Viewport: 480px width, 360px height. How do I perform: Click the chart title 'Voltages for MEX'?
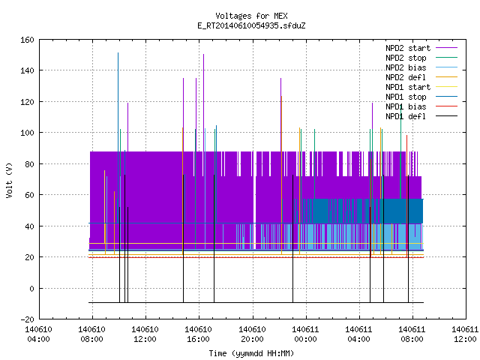[x=251, y=16]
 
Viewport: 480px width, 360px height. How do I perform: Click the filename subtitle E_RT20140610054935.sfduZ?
[x=251, y=25]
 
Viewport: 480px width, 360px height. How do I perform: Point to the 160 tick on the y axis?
[x=27, y=40]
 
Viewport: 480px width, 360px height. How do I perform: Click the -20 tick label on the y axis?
[x=27, y=319]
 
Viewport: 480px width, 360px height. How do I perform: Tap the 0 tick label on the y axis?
[x=31, y=288]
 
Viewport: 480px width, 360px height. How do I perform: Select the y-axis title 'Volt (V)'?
[x=10, y=180]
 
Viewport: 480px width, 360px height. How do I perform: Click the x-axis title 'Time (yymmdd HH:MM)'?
[x=251, y=353]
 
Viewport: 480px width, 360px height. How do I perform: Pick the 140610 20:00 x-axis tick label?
[x=252, y=334]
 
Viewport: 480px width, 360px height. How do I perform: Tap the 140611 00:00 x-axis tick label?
[x=305, y=334]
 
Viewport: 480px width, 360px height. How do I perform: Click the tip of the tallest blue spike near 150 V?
[x=118, y=53]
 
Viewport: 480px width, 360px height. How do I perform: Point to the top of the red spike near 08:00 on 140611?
[x=406, y=135]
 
